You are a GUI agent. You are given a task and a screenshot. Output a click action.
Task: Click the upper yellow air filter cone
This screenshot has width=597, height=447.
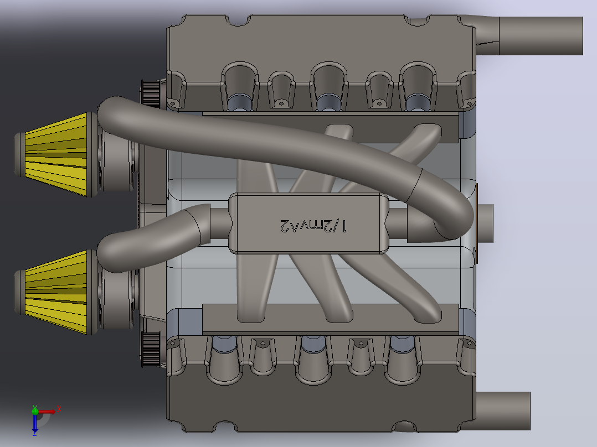56,154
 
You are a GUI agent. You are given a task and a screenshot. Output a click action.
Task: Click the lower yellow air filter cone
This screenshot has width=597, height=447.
56,292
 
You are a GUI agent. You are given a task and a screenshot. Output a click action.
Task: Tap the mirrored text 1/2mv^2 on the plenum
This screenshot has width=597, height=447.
313,226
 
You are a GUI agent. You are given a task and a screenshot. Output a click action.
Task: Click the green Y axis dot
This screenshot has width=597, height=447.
35,410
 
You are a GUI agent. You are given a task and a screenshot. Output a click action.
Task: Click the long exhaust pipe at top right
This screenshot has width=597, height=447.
529,35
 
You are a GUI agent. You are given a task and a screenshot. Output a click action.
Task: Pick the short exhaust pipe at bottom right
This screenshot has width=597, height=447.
503,411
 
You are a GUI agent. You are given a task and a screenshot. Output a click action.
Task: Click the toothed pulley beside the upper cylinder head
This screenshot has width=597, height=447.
151,93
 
